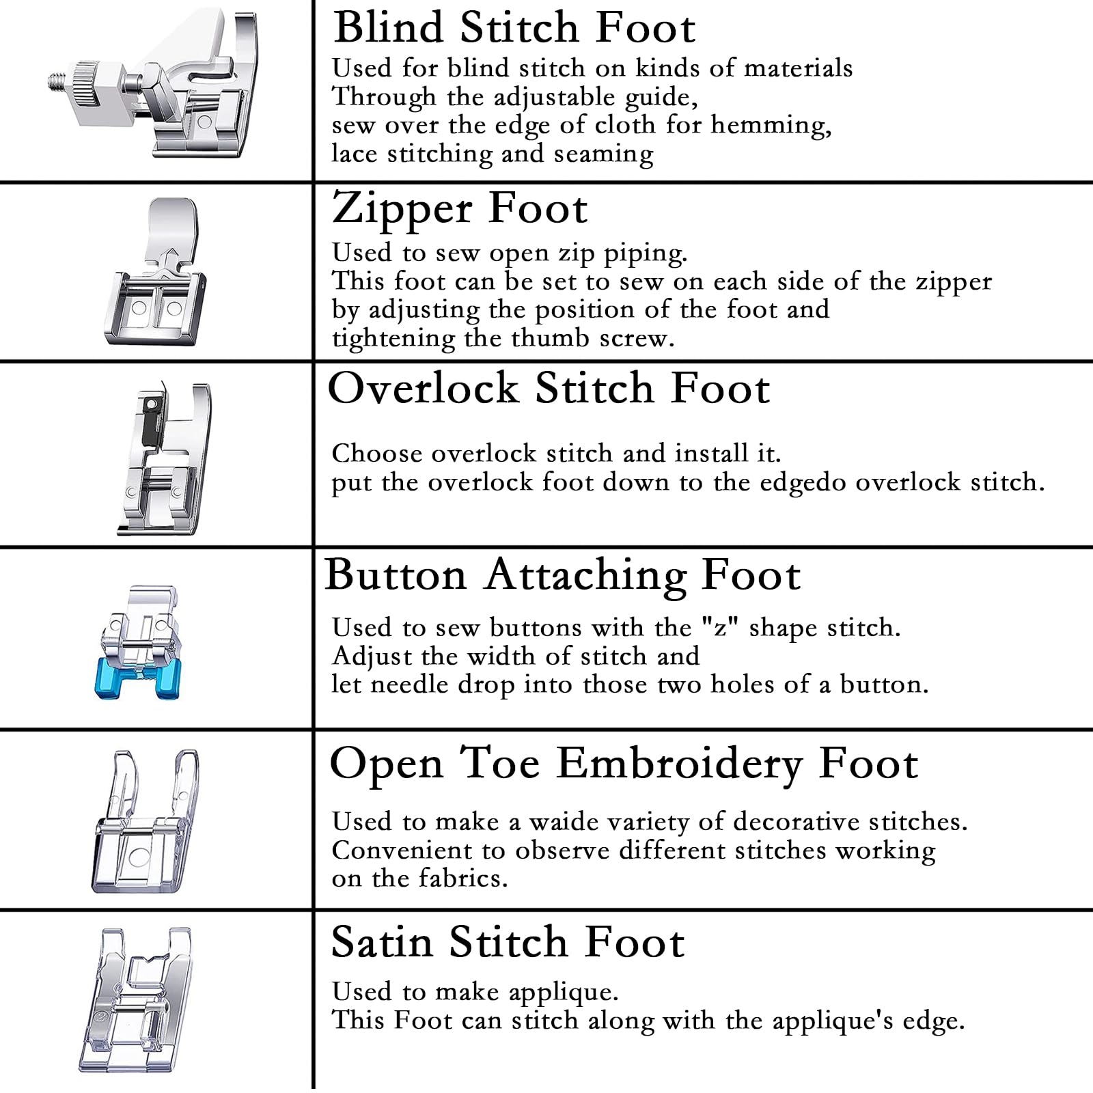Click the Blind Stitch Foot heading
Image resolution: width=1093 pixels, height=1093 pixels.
click(514, 29)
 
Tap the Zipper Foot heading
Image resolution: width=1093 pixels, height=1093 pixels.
click(459, 208)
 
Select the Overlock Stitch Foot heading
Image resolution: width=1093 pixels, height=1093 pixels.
click(549, 389)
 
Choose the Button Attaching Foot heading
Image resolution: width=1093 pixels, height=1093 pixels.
click(562, 575)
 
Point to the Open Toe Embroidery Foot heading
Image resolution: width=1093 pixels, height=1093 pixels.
click(623, 763)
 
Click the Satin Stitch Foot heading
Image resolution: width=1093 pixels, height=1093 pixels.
click(508, 943)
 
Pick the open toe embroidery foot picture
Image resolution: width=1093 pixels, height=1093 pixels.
click(146, 822)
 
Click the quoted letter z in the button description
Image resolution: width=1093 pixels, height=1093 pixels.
click(721, 627)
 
